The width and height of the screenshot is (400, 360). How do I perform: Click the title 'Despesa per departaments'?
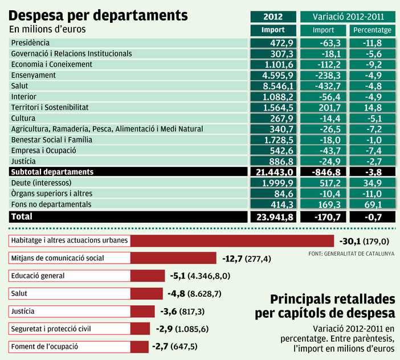(x=99, y=14)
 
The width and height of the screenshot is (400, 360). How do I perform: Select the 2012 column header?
(x=273, y=17)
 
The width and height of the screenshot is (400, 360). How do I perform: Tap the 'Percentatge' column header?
(x=372, y=30)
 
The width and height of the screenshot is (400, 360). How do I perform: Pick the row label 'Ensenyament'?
(x=33, y=75)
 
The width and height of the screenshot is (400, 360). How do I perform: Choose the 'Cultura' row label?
(x=23, y=118)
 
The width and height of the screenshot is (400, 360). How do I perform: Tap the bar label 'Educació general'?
(x=38, y=276)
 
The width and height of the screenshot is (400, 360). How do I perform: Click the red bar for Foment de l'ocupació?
(x=139, y=346)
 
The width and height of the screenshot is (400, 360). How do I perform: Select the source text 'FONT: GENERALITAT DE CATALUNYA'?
(x=350, y=253)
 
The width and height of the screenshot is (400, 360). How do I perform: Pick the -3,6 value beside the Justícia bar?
(x=169, y=312)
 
